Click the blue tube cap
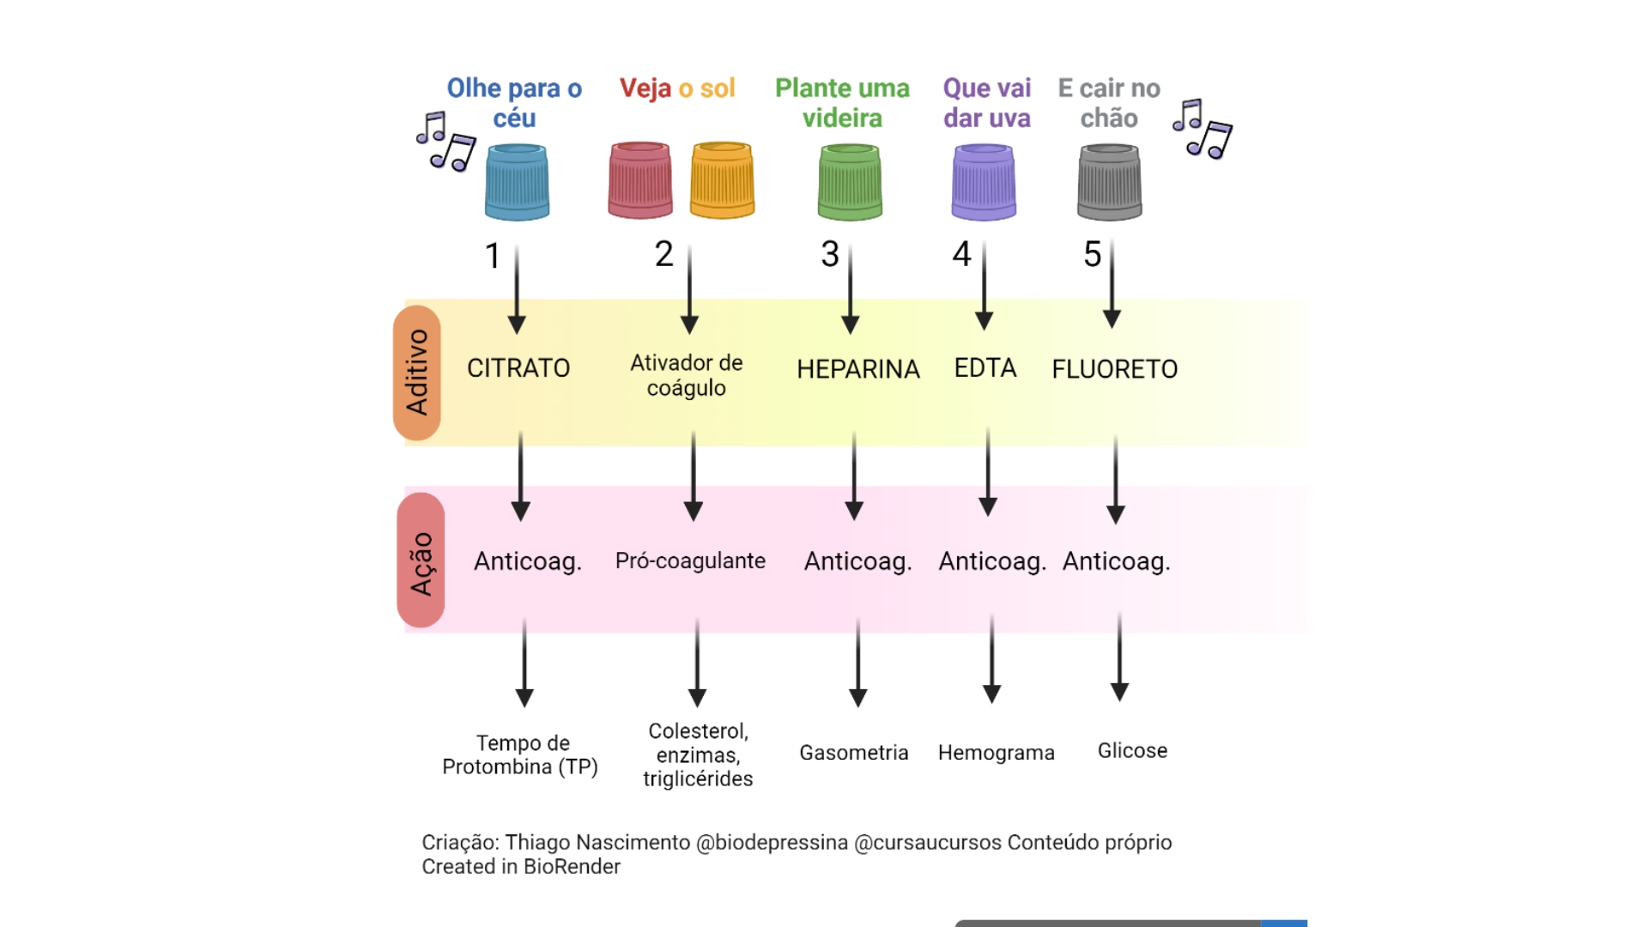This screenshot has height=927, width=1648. coord(517,182)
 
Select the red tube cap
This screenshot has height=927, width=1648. coord(640,180)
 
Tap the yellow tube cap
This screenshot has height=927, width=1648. coord(722,180)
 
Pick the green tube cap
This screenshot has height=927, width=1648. coord(850,182)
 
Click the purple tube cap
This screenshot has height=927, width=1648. coord(984,182)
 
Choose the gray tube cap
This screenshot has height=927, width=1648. coord(1110,182)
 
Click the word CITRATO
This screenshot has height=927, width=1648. coord(518,368)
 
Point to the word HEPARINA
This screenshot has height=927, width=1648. coord(857,369)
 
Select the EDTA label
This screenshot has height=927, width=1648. coord(985,368)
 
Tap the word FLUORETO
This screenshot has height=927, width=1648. coord(1114,369)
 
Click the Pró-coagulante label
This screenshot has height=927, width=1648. coord(690,560)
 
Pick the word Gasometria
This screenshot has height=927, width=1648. coord(853,753)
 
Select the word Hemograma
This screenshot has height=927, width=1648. coord(996,753)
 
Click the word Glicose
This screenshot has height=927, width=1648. coord(1132,750)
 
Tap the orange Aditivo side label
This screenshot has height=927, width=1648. coord(417,373)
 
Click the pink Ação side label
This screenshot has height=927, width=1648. coord(421,560)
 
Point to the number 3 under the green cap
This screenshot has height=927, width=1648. coord(830,254)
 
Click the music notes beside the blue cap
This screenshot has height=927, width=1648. coord(445,142)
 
